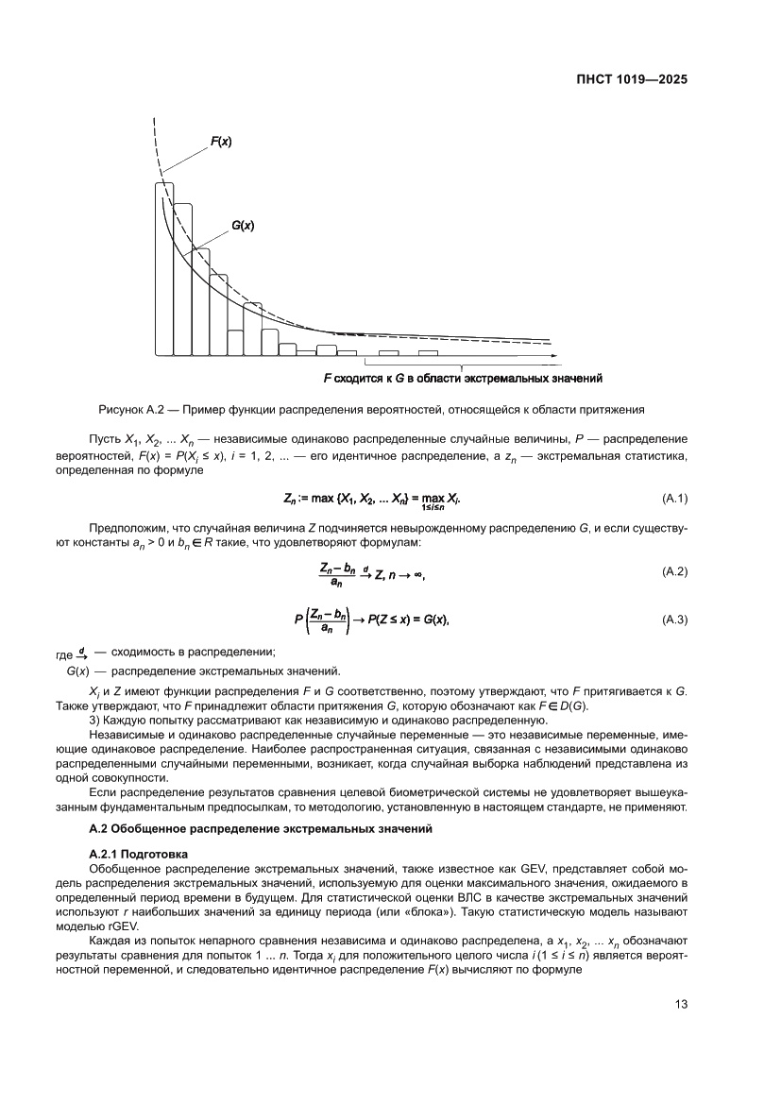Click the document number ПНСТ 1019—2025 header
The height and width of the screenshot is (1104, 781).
(x=630, y=79)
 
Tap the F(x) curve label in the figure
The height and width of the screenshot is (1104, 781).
(x=221, y=142)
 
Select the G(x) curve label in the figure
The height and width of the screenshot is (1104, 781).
(x=243, y=226)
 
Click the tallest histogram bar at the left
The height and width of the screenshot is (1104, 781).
(x=164, y=269)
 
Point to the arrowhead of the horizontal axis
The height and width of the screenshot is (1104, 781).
(x=555, y=356)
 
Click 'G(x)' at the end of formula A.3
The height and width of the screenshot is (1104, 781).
(x=433, y=620)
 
